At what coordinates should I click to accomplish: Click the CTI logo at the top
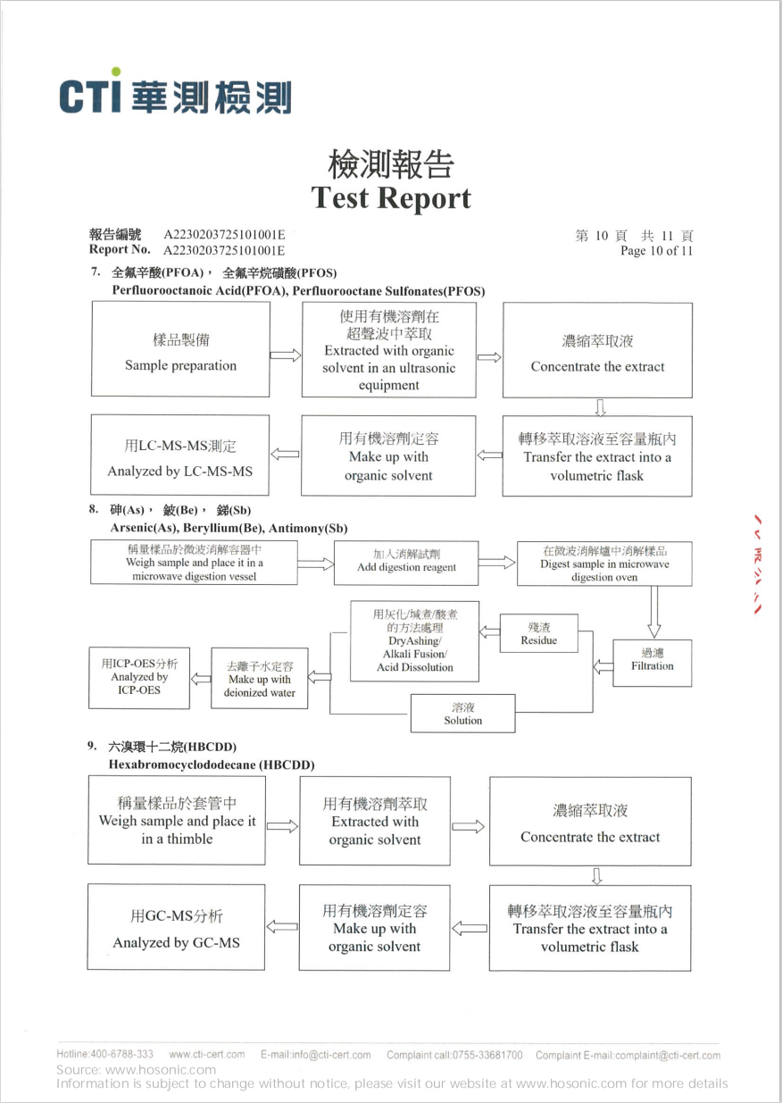tap(175, 95)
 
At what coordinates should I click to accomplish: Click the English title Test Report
tap(391, 197)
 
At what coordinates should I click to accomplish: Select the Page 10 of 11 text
tap(656, 251)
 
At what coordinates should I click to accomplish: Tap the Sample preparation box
tap(180, 349)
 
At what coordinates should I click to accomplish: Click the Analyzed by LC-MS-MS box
tap(180, 455)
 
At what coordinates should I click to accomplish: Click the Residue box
tap(538, 634)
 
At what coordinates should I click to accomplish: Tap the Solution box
tap(462, 714)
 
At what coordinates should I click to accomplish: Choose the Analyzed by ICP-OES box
tap(139, 678)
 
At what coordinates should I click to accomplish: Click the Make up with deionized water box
tap(259, 679)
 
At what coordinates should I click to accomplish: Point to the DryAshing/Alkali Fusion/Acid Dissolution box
tap(414, 641)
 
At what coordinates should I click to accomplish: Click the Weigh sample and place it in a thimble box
tap(177, 821)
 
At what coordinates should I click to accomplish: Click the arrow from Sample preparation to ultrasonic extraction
tap(285, 356)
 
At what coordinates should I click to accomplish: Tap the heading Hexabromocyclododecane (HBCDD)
tap(212, 765)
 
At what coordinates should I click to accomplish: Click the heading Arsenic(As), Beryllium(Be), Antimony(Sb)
tap(229, 528)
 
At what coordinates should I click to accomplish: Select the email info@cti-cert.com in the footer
tap(316, 1055)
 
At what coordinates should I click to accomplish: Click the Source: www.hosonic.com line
tap(136, 1069)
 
